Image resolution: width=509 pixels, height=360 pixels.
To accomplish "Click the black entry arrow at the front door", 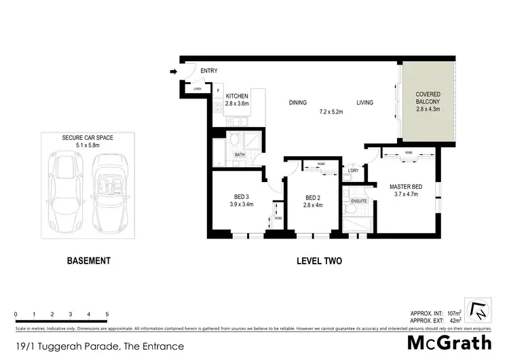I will click(174, 71).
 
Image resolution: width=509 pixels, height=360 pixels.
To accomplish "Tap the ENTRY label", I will click(208, 70).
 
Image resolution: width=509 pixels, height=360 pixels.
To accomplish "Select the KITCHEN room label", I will click(237, 96).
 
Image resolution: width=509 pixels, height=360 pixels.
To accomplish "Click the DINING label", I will click(298, 103).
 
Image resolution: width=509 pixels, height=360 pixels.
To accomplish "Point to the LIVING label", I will click(366, 103).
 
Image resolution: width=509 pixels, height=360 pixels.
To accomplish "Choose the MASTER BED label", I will click(405, 186).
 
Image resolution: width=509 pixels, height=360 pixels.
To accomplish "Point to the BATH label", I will click(239, 155).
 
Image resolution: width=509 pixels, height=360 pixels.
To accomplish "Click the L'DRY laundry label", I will click(353, 170).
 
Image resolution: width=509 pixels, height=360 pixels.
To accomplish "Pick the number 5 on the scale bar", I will click(107, 314).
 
